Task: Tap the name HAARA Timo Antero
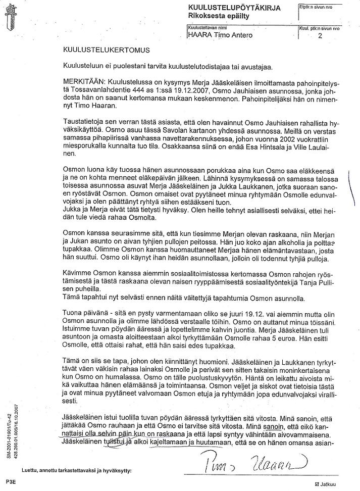coord(220,35)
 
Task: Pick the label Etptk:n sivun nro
coord(317,8)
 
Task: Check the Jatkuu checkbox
coord(317,484)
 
